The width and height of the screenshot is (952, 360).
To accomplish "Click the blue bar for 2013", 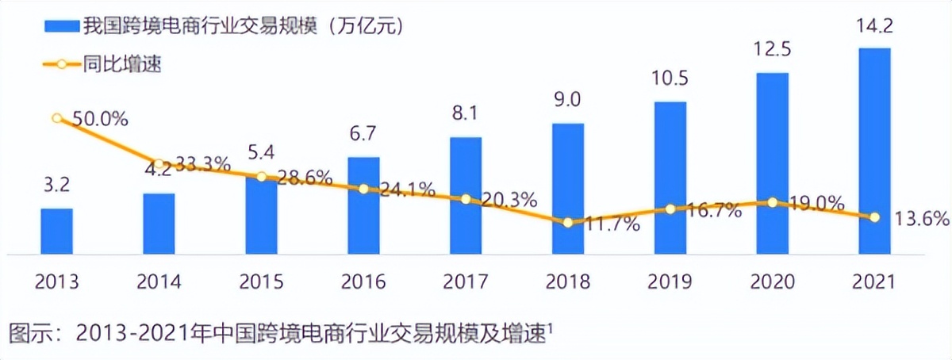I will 56,232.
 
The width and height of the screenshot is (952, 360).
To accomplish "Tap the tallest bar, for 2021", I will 874,151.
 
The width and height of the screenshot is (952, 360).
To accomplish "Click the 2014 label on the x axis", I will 159,281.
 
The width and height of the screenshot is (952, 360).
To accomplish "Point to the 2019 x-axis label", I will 670,281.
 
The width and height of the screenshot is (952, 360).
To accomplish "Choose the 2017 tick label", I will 466,281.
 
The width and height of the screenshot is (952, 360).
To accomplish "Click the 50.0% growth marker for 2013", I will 57,118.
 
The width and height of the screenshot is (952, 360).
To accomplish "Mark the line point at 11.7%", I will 568,223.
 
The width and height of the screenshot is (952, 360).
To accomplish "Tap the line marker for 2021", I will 874,216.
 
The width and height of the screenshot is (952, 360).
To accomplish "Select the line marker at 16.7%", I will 670,209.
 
